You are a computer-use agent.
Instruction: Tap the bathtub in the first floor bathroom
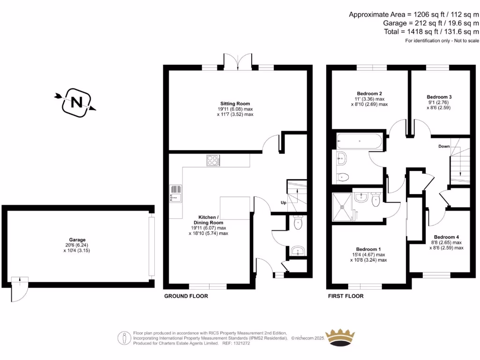coord(359,140)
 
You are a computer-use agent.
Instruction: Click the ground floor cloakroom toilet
coord(298,223)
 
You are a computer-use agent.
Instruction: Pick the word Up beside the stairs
coord(283,203)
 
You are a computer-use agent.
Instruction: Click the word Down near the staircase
coord(444,146)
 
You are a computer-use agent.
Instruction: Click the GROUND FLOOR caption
coord(186,296)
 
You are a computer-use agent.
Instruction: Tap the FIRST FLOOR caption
coord(345,296)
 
